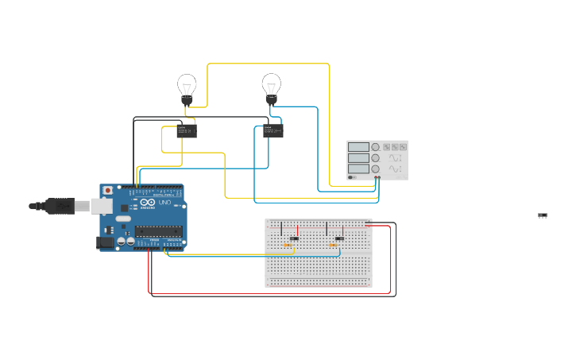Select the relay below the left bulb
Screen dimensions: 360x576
pos(187,130)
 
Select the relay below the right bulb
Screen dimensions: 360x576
pos(273,130)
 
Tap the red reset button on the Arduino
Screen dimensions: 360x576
pos(108,191)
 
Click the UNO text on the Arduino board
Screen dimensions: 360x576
pos(164,203)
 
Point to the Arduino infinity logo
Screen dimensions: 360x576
pos(147,203)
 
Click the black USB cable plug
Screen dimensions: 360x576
pos(59,206)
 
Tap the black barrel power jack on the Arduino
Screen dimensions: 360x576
pos(104,242)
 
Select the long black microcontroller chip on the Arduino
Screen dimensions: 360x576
pos(157,231)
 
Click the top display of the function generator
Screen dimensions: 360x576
pos(358,147)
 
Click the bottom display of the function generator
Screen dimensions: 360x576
pos(358,168)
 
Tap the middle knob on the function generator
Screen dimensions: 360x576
pos(376,158)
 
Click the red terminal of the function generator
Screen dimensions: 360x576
pos(379,177)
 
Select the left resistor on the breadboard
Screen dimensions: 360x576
pos(287,245)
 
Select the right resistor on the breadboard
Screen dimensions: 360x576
pos(333,245)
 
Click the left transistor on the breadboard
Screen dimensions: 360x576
pos(294,238)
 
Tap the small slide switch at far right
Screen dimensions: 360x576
pos(543,215)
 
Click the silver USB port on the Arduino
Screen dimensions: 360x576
pos(101,207)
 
